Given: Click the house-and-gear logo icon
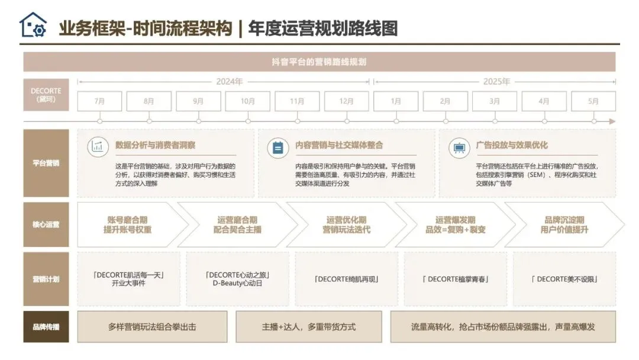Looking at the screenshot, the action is click(x=33, y=25).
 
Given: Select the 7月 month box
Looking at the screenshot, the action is click(x=99, y=101).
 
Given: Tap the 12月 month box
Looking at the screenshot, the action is click(x=347, y=101).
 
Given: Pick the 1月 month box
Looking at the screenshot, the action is click(x=396, y=101).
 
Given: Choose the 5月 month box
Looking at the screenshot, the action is click(x=593, y=101).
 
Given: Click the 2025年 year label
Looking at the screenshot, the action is click(x=496, y=82).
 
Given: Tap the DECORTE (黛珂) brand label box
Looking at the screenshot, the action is click(x=46, y=95).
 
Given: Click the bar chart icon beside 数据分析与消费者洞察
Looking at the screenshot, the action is click(x=98, y=146).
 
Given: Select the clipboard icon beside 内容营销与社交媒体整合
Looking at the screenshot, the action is click(x=278, y=146).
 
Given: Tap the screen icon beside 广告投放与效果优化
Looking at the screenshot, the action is click(x=459, y=146).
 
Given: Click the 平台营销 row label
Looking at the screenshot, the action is click(x=46, y=163).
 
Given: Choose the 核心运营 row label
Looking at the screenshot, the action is click(x=46, y=224).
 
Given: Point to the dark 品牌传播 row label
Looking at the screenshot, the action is click(x=46, y=327).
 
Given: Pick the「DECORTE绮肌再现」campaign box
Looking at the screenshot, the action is click(x=346, y=279).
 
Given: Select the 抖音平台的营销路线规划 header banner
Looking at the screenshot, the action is click(x=319, y=62).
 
